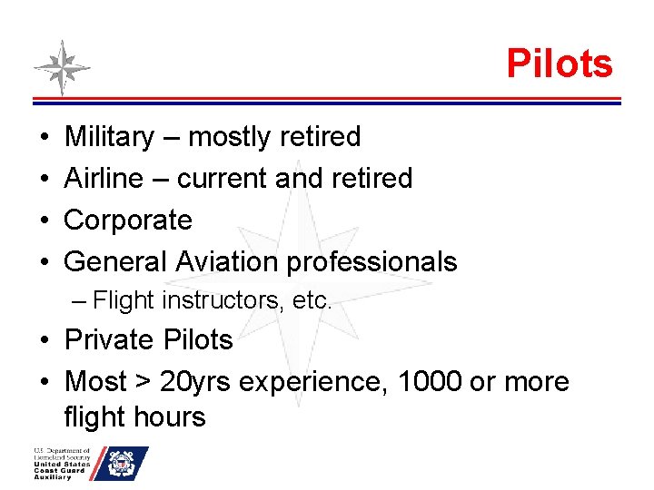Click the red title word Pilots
560,64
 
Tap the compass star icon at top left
62,67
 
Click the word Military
110,137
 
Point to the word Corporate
128,220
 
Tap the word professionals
372,262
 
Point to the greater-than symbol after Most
141,382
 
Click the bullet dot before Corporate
45,220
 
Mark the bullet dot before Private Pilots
45,340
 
